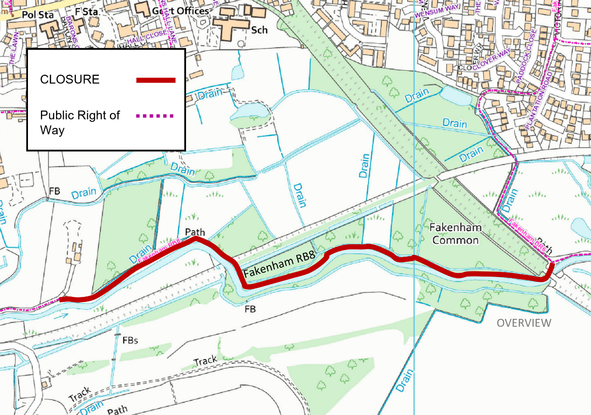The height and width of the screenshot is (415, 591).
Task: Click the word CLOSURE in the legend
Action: tap(70, 79)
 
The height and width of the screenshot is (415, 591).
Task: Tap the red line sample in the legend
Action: tap(156, 80)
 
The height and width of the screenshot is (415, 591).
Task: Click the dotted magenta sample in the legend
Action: tap(155, 116)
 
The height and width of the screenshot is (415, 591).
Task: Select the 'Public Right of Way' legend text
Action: tap(79, 123)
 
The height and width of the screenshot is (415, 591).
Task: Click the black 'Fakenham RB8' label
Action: tap(279, 264)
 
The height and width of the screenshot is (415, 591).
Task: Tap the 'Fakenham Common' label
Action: tap(455, 234)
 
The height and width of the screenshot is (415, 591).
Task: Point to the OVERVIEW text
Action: tap(524, 323)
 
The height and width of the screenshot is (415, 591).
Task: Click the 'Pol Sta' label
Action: tap(37, 15)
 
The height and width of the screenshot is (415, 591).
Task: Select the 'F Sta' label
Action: tap(86, 12)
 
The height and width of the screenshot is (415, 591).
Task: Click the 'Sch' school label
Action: tap(259, 30)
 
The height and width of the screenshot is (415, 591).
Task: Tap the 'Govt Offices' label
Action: tap(181, 11)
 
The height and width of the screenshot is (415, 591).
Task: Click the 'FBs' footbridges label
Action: tap(130, 340)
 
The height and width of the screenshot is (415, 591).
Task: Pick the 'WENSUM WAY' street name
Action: tap(437, 11)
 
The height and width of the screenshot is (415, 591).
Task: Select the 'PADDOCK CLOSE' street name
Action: tap(526, 56)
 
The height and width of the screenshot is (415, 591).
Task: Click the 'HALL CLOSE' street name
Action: tap(147, 37)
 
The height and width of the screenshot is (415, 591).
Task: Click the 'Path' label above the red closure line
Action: tap(195, 232)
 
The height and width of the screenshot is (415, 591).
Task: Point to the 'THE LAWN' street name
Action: tap(14, 48)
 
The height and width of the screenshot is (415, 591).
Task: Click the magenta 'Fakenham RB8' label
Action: tap(159, 251)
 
